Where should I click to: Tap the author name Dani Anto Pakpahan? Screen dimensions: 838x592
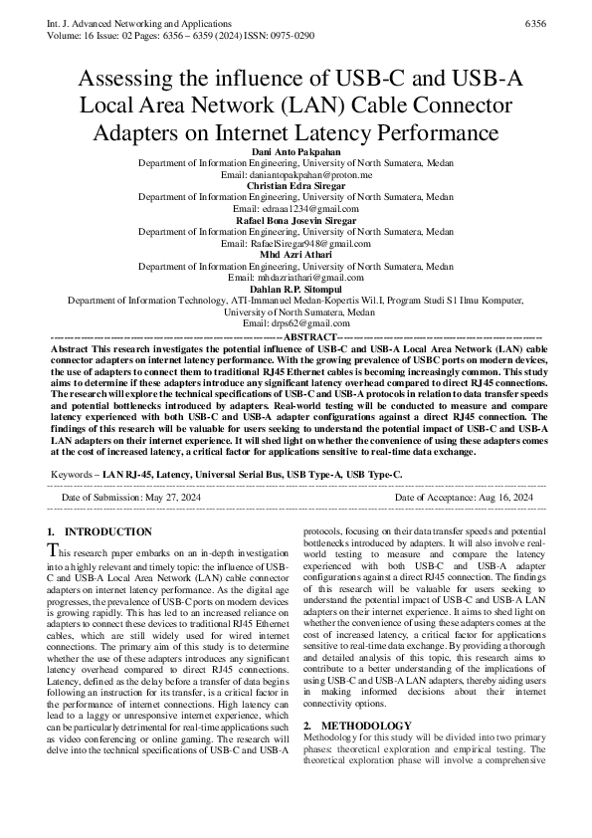[296, 151]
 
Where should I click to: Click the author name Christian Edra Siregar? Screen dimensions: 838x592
[296, 185]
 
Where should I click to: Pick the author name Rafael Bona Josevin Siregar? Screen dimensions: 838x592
[296, 219]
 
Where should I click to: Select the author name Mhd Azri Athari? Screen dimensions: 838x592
[296, 254]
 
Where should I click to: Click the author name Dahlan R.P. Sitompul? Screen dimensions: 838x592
[296, 288]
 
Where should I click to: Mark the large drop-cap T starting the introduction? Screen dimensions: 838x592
[54, 550]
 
